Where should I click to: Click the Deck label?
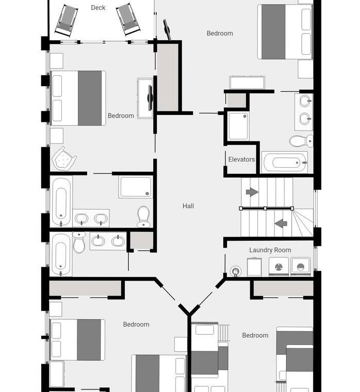click(x=98, y=8)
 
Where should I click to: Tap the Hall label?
click(x=188, y=206)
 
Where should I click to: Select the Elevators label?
click(x=241, y=159)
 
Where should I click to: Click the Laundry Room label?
click(x=270, y=250)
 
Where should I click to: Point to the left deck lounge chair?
click(x=66, y=21)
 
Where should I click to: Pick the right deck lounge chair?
click(x=128, y=21)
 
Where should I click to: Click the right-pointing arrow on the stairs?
click(x=252, y=192)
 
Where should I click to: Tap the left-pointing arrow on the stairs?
click(x=281, y=223)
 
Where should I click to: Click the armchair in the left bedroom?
click(x=64, y=159)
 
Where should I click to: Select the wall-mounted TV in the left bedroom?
click(x=150, y=98)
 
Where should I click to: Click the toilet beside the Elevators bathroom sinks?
click(x=301, y=141)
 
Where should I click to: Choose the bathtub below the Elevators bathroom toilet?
click(x=285, y=162)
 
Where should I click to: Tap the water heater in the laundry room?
click(x=235, y=271)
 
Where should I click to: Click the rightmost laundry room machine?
click(x=301, y=267)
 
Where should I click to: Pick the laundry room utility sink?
click(x=254, y=267)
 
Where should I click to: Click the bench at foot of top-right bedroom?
click(x=247, y=83)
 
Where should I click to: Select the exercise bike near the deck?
click(x=167, y=30)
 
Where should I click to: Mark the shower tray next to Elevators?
click(x=238, y=126)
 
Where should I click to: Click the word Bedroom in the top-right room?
click(x=220, y=33)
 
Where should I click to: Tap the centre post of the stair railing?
click(x=265, y=208)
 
